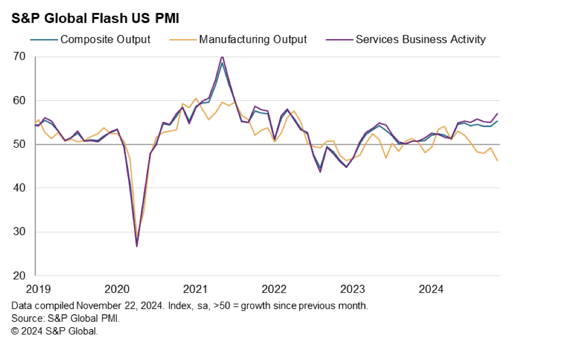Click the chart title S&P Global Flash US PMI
coord(95,18)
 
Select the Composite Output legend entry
coord(91,39)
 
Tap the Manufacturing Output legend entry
coord(238,39)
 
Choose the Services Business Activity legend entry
coord(406,39)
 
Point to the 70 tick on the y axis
coord(19,56)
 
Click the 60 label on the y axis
coord(19,100)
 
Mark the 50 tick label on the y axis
coord(19,144)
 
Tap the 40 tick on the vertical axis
coord(19,188)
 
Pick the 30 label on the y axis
coord(19,231)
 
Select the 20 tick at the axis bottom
coord(19,275)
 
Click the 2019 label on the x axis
coord(39,289)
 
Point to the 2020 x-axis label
coord(117,289)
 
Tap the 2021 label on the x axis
coord(195,289)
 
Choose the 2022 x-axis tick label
coord(274,289)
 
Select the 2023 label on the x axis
coord(353,289)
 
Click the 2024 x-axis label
coord(431,289)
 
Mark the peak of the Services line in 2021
coord(222,57)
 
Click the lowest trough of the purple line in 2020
coord(137,247)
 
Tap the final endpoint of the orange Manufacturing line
coord(497,161)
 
